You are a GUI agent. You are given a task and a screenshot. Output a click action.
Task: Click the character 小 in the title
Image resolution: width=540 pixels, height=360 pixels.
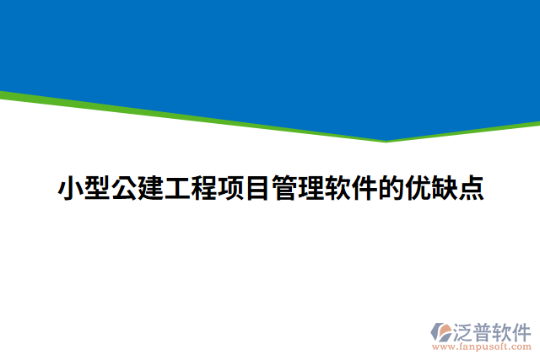pyautogui.click(x=70, y=188)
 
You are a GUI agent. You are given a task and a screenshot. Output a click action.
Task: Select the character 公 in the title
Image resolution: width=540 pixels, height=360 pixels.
pyautogui.click(x=123, y=188)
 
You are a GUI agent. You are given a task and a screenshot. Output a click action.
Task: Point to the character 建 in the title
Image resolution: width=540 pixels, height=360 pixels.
pyautogui.click(x=150, y=188)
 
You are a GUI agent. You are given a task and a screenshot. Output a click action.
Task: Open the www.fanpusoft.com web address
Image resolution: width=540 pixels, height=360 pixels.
pyautogui.click(x=482, y=347)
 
